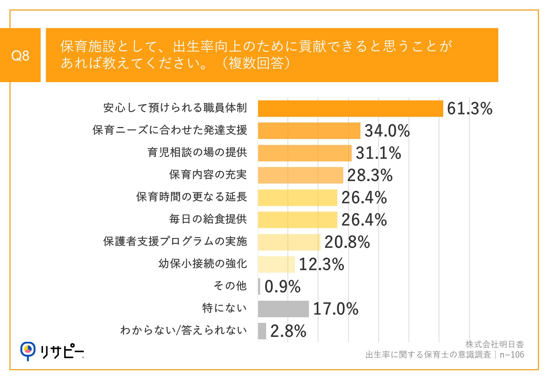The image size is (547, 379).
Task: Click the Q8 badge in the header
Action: point(20,55)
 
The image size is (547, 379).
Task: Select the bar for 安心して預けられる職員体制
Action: point(350,108)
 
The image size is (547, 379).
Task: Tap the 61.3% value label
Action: point(470,108)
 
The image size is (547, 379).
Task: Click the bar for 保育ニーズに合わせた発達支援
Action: point(309,131)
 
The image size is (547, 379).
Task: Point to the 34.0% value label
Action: point(387,131)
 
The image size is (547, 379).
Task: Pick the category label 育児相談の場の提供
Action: point(197,153)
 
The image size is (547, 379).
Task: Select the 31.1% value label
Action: point(378,153)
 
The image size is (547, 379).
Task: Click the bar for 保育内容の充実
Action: point(300,175)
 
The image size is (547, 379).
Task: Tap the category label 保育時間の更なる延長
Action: point(192,197)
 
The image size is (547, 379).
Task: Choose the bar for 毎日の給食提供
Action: point(297,220)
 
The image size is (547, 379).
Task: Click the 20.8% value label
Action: point(347,242)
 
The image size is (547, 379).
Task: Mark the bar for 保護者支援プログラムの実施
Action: point(289,242)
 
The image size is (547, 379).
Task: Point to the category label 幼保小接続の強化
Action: point(203,264)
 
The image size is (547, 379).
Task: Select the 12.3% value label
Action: point(322,264)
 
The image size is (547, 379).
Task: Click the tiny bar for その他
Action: point(259,286)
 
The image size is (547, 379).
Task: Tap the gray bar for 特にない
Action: point(283,309)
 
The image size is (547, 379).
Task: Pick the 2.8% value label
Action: point(288,331)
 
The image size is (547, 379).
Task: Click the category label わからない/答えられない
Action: point(183,331)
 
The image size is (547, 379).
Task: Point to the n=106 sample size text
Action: point(512,355)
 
